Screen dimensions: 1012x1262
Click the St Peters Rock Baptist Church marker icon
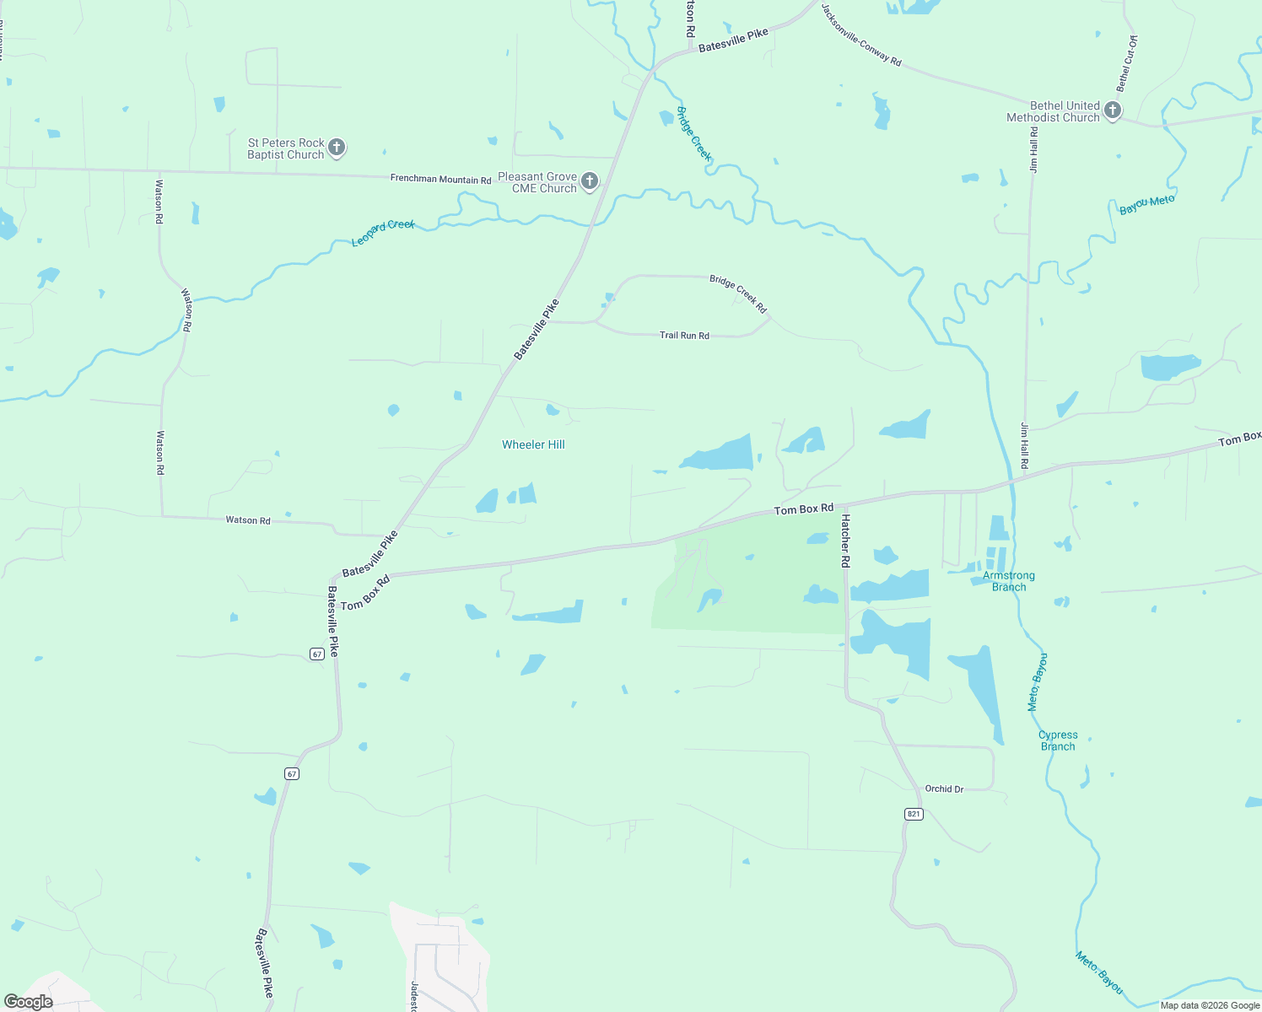(x=337, y=148)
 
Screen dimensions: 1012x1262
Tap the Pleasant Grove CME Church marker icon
(x=590, y=181)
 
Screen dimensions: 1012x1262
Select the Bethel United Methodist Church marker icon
(x=1113, y=110)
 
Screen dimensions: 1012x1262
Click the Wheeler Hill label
(x=533, y=444)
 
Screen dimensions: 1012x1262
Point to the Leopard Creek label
(x=383, y=233)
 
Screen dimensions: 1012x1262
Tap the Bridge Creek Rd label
(x=738, y=293)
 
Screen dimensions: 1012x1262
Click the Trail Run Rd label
(x=684, y=336)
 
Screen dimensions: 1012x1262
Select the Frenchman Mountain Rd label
(x=440, y=180)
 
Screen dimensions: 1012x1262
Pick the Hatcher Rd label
(x=845, y=541)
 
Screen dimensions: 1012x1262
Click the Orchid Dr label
(x=944, y=789)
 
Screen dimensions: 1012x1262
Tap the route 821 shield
(x=914, y=814)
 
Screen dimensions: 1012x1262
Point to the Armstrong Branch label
(x=1009, y=581)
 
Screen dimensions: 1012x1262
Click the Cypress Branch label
(x=1058, y=740)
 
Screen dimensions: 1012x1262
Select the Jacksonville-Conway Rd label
(x=861, y=35)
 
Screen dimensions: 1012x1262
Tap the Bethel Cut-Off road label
(x=1127, y=63)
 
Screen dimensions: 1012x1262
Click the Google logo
(x=29, y=1002)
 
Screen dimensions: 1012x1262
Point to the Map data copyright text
(x=1210, y=1005)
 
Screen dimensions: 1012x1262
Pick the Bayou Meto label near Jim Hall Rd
(x=1146, y=205)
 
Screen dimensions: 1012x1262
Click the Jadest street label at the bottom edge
(x=414, y=996)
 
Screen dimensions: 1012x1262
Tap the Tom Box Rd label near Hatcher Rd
(x=804, y=509)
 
